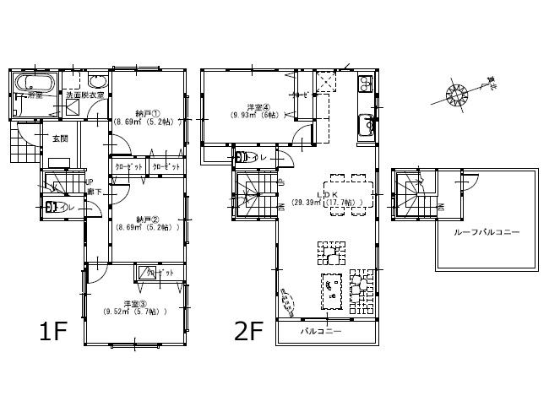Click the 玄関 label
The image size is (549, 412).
coord(60,138)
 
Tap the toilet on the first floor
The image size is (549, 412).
coord(56,206)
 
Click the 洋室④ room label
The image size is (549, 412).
coord(258,107)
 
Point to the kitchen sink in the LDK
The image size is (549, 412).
coord(367,124)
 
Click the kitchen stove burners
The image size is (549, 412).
coord(367,84)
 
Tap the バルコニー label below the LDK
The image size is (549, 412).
coord(321,332)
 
